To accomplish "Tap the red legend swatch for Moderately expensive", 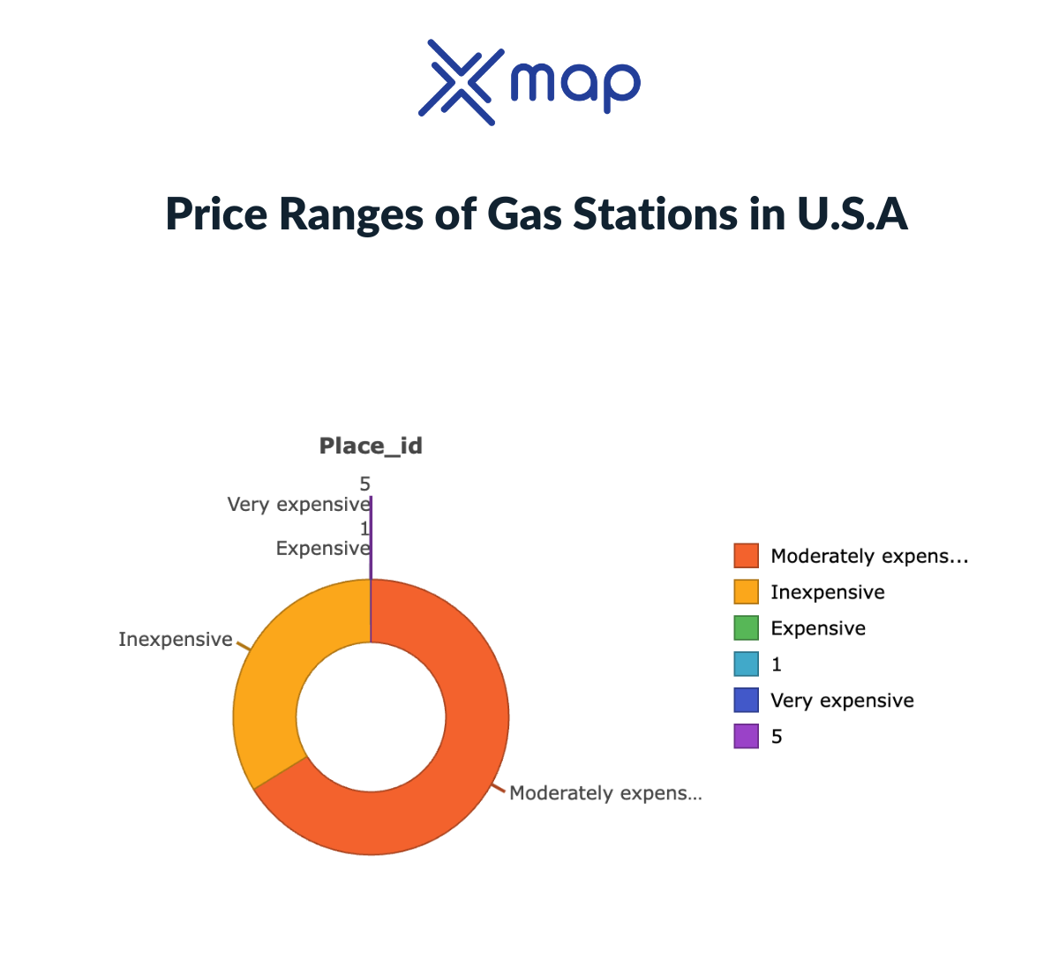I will tap(746, 556).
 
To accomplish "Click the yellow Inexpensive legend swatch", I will tap(746, 592).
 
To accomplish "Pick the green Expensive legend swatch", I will tap(746, 628).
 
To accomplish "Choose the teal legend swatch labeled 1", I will tap(746, 664).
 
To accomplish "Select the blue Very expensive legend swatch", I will tap(746, 701).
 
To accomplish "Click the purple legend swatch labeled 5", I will tap(746, 737).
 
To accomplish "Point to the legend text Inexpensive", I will tap(827, 592).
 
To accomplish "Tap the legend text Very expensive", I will tap(842, 701).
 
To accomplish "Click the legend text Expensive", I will tap(818, 628).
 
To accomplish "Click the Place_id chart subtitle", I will tap(371, 446).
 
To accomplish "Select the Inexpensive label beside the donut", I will tap(176, 640).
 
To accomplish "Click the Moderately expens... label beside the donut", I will tap(605, 793).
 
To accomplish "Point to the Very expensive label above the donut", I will tap(298, 505).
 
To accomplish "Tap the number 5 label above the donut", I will tap(364, 484).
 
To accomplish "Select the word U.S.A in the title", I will tap(852, 214).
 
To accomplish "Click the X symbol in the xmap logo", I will tap(459, 82).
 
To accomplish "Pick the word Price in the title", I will tap(215, 214).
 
